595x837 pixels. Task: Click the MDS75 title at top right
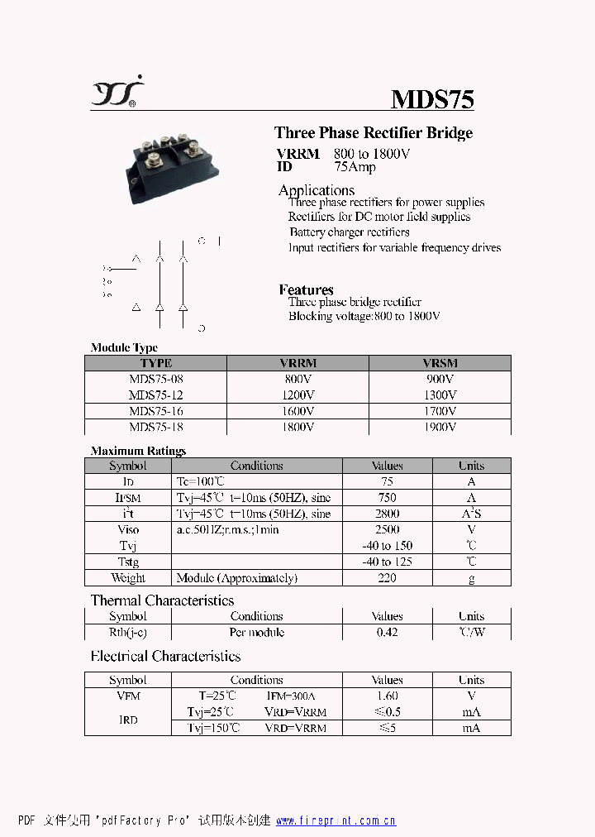click(432, 99)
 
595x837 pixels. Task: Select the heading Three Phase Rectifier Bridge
click(374, 133)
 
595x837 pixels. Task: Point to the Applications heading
click(317, 190)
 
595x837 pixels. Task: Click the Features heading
click(307, 289)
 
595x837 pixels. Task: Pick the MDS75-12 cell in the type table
click(156, 395)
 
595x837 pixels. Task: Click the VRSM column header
click(440, 363)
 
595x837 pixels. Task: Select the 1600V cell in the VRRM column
click(297, 411)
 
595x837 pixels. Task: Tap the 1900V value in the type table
click(440, 427)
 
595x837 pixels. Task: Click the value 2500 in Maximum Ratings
click(387, 529)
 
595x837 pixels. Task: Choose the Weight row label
click(128, 578)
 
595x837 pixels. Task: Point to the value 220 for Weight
click(387, 578)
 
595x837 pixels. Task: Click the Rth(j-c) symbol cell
click(128, 633)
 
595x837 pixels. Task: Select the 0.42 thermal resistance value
click(387, 633)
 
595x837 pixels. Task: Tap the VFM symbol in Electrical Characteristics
click(128, 696)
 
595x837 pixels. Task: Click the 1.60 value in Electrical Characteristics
click(387, 696)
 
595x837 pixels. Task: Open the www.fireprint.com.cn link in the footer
click(336, 820)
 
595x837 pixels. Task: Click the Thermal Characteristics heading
click(162, 600)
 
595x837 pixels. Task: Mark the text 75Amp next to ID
click(355, 167)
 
